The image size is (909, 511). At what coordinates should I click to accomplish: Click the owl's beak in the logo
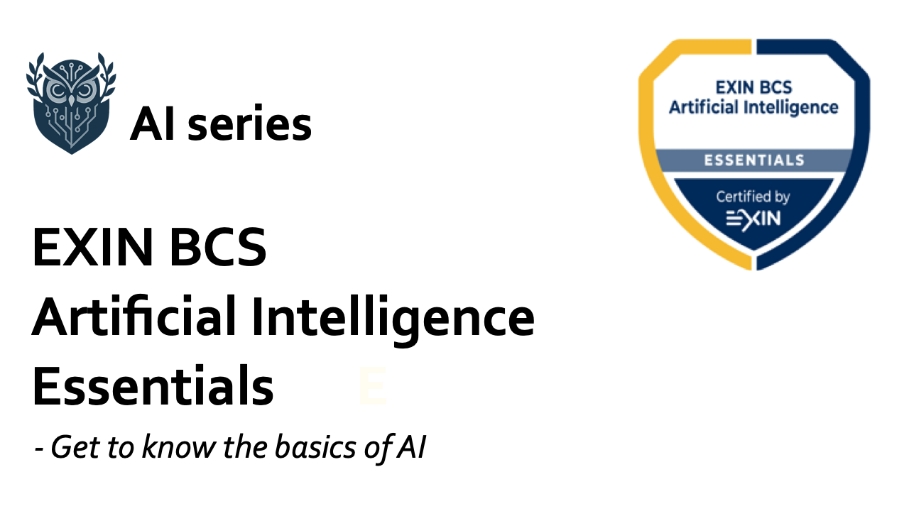click(72, 100)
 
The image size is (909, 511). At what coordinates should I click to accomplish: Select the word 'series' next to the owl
click(249, 123)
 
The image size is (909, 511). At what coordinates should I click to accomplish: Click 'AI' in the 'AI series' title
click(152, 123)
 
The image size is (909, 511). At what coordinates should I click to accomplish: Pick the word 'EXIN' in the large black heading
click(92, 247)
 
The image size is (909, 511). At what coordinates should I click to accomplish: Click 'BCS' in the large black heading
click(218, 247)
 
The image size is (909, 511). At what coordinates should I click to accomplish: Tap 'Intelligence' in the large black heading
click(393, 320)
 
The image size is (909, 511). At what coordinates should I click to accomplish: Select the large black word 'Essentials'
click(153, 385)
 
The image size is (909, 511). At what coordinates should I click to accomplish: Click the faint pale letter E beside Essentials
click(373, 385)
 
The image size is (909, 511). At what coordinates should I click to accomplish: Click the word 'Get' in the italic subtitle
click(75, 447)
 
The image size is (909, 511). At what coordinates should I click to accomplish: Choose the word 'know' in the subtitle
click(180, 446)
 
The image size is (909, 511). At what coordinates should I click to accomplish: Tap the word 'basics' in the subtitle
click(315, 446)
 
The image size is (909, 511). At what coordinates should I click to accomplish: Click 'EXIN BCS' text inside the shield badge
click(753, 87)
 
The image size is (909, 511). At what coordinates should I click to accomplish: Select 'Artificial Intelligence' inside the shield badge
click(753, 108)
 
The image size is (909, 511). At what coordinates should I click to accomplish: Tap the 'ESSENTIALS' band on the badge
click(754, 160)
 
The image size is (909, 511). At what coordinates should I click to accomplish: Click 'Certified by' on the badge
click(753, 197)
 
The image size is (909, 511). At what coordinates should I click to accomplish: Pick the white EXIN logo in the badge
click(753, 219)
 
